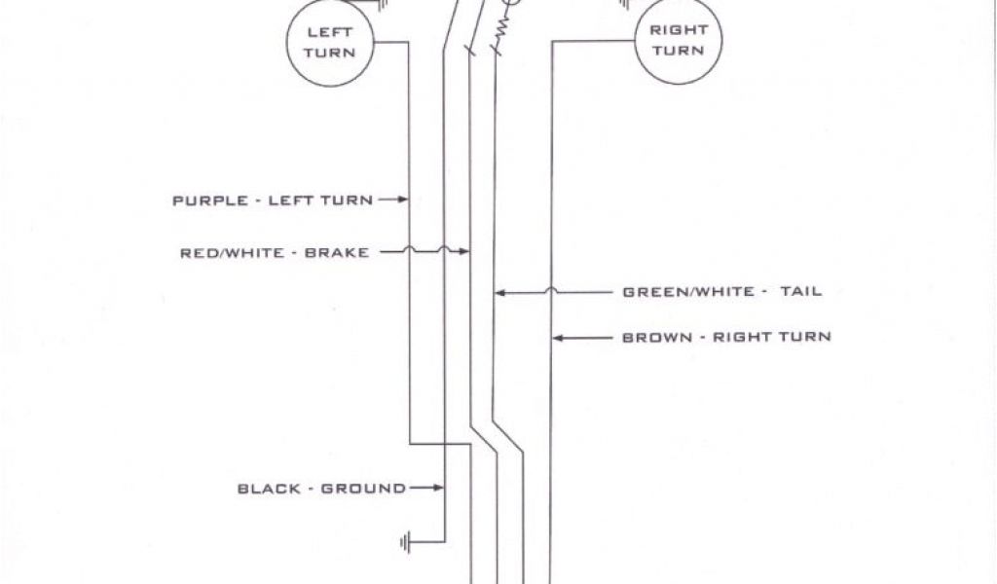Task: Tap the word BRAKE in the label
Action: click(x=337, y=253)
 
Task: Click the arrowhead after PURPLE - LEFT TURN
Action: click(x=401, y=201)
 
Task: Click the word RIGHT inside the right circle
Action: click(x=678, y=30)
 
